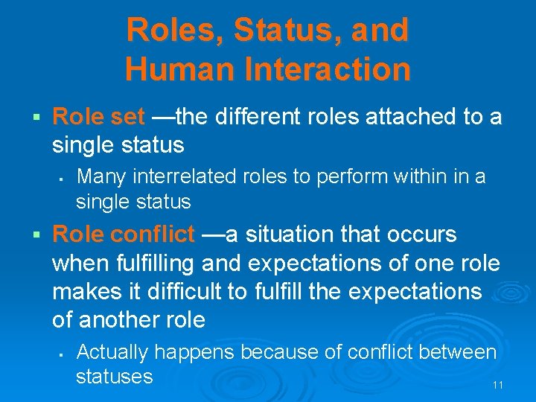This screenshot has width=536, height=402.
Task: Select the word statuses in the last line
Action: (114, 376)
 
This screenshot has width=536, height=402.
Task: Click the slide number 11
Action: (499, 385)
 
